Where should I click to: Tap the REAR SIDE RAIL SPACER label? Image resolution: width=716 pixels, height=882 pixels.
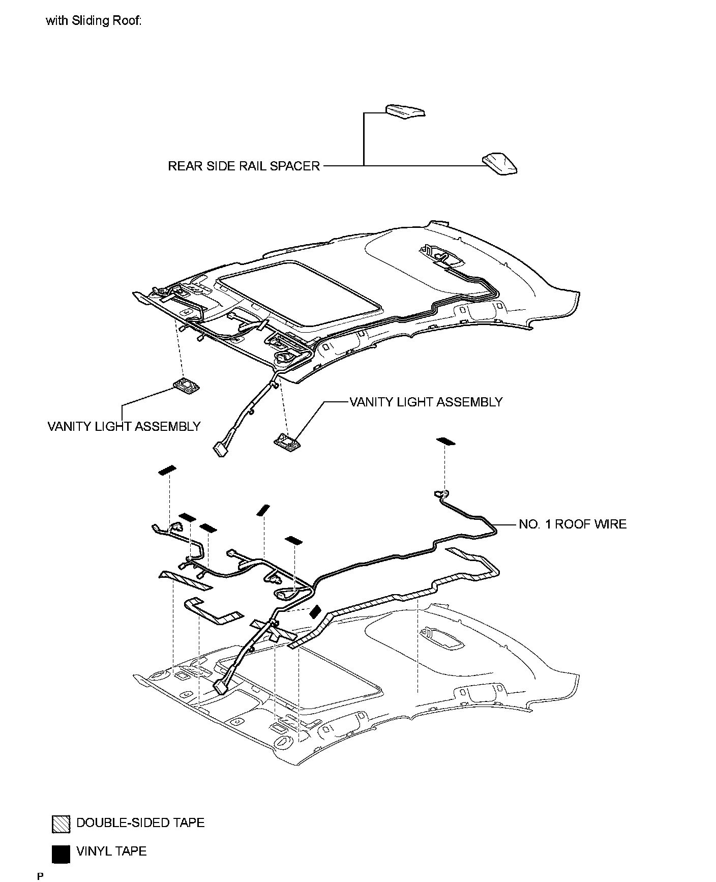point(244,166)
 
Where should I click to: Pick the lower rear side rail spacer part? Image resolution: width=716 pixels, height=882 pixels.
point(499,164)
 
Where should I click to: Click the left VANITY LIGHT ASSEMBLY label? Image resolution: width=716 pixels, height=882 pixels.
point(124,426)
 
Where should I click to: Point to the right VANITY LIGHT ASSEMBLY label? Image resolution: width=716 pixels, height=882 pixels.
point(426,402)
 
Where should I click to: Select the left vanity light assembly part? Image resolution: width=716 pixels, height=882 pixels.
point(186,387)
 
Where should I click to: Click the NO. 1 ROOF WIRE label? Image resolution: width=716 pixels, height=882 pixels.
point(573,524)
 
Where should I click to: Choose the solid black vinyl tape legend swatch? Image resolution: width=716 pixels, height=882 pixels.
point(61,854)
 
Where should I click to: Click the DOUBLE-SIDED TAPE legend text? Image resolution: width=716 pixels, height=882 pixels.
point(140,822)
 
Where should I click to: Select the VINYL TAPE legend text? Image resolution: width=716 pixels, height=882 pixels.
point(111,851)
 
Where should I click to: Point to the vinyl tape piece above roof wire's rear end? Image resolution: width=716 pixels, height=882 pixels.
point(446,441)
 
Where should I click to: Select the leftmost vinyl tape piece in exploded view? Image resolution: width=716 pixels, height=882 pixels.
point(167,470)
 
